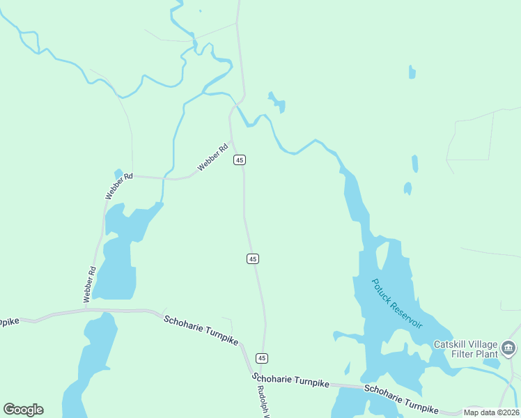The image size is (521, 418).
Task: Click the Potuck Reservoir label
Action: click(x=397, y=304)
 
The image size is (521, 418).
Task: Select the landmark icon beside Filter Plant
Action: click(x=508, y=347)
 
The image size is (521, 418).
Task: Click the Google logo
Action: click(x=23, y=409)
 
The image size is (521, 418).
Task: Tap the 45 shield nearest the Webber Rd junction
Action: click(x=240, y=160)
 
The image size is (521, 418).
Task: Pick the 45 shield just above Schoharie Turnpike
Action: click(x=261, y=357)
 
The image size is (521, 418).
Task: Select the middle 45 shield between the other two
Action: click(x=253, y=258)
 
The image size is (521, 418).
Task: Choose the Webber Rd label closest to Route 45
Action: click(x=213, y=157)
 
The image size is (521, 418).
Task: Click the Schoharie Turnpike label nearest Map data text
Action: click(x=402, y=399)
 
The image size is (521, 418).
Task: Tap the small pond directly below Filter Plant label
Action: click(x=491, y=363)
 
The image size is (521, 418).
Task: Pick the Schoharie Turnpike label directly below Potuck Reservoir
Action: click(x=402, y=399)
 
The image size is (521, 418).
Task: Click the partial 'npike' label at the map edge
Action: click(x=9, y=322)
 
